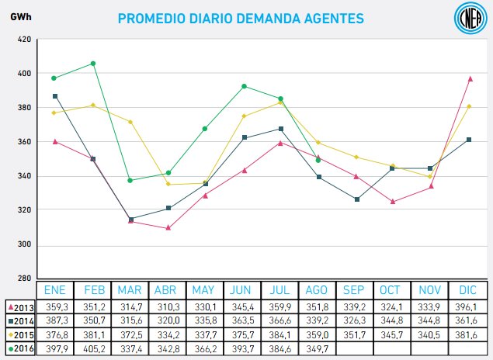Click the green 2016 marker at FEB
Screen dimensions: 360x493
[x=93, y=64]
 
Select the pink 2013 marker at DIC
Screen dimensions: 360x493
[x=470, y=78]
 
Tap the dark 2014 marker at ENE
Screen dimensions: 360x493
[x=54, y=96]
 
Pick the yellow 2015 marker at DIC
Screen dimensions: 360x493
[x=470, y=106]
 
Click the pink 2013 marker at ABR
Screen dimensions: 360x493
[x=168, y=227]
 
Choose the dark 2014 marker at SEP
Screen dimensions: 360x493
[x=356, y=199]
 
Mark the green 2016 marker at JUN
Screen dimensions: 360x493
[x=244, y=86]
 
